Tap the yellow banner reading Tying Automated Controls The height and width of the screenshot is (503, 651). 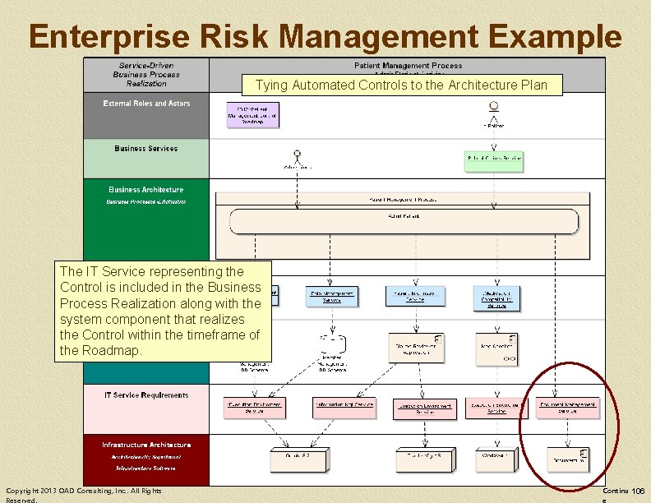coord(401,85)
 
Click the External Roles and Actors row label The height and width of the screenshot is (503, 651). coord(146,104)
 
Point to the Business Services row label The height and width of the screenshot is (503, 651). coord(146,149)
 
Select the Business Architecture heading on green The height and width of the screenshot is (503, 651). coord(146,190)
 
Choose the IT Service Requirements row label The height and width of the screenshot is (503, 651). coord(146,395)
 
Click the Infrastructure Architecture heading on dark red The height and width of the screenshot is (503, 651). coord(146,445)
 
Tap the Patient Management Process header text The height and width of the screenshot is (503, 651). coord(408,66)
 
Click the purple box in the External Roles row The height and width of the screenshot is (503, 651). coord(253,115)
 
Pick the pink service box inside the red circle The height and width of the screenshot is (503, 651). coord(568,408)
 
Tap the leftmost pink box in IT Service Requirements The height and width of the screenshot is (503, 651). coord(255,408)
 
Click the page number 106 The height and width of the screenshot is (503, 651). coord(638,491)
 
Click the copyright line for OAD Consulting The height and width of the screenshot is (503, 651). coord(82,491)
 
